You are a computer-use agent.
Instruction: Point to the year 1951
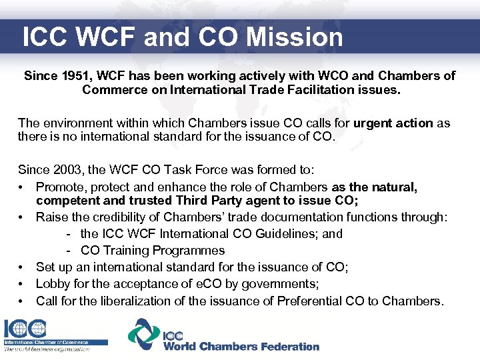point(77,76)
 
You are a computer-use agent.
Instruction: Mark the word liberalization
point(143,301)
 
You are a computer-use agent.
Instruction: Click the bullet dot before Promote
point(23,187)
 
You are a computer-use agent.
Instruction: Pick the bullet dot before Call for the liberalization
point(23,301)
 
